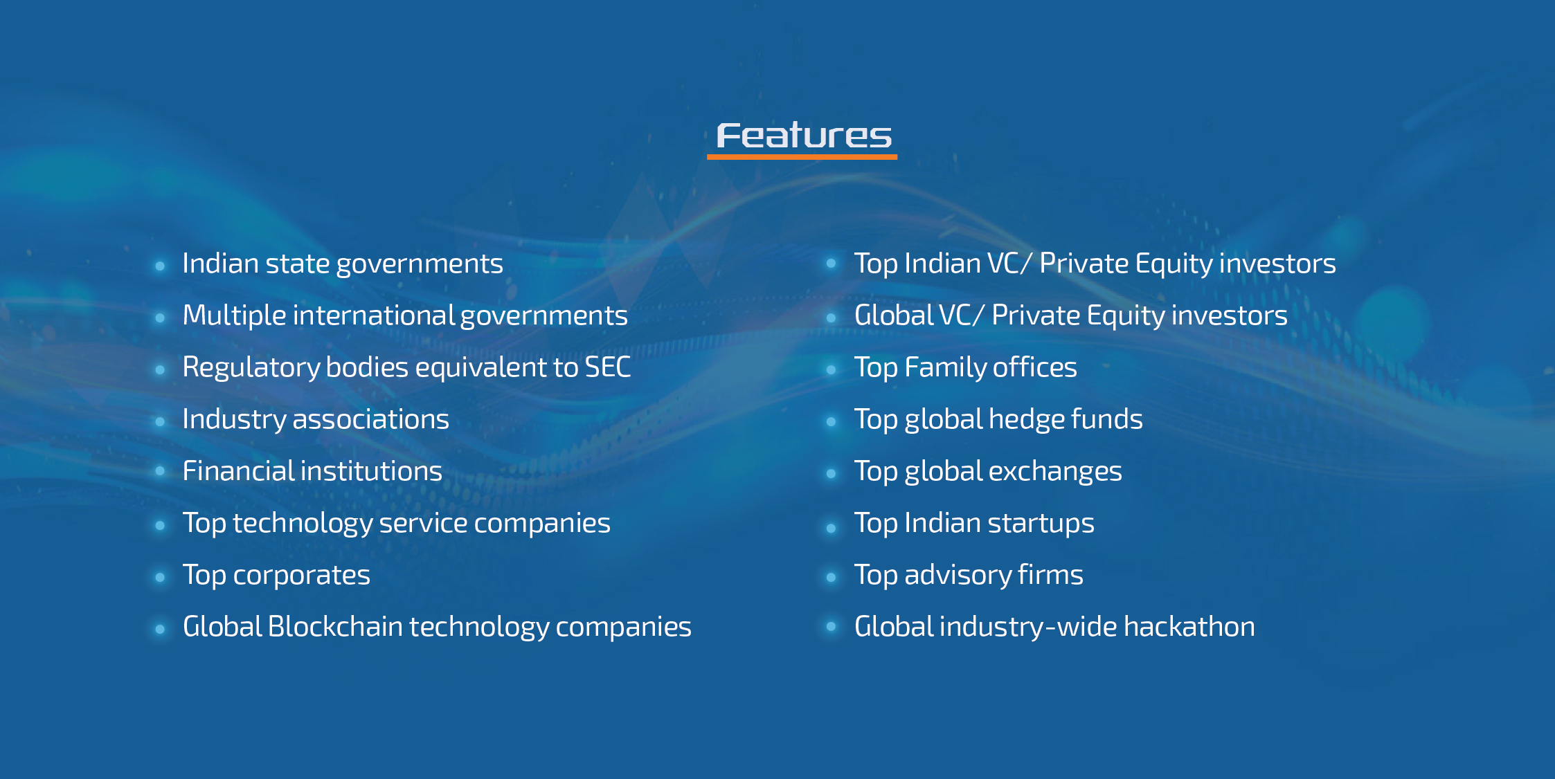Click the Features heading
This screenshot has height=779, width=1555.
(803, 136)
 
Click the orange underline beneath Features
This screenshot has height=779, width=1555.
(802, 157)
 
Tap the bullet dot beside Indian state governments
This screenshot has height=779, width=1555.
(160, 266)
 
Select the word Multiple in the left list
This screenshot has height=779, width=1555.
(234, 316)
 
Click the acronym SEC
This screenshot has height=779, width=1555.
(607, 367)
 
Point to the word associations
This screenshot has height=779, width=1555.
(370, 419)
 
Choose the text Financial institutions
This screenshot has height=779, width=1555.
(312, 471)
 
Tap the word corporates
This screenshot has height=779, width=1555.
(301, 576)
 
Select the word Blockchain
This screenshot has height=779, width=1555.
(335, 627)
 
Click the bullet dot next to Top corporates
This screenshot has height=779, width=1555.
(160, 577)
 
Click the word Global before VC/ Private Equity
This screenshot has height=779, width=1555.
(895, 315)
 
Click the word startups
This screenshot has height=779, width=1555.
(1041, 524)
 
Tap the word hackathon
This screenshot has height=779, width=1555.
(1189, 627)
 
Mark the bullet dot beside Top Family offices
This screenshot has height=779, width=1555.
(831, 369)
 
